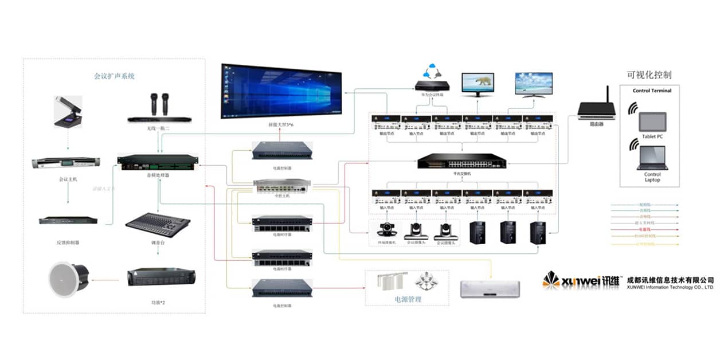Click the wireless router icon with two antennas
tap(596, 108)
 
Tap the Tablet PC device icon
tap(653, 122)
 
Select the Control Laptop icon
tap(652, 158)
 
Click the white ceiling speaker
tap(68, 279)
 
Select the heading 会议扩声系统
tap(115, 76)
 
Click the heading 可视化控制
tap(649, 75)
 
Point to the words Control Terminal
tap(652, 91)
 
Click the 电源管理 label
tap(408, 298)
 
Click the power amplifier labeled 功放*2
tap(161, 277)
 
